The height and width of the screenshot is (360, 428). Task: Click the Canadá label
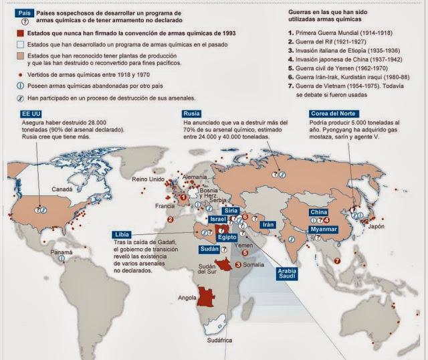(x=62, y=189)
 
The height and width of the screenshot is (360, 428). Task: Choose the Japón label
(x=377, y=226)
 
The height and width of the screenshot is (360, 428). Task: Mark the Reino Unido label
(x=148, y=179)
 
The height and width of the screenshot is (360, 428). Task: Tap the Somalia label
(x=255, y=266)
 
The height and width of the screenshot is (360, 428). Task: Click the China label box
(x=318, y=213)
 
